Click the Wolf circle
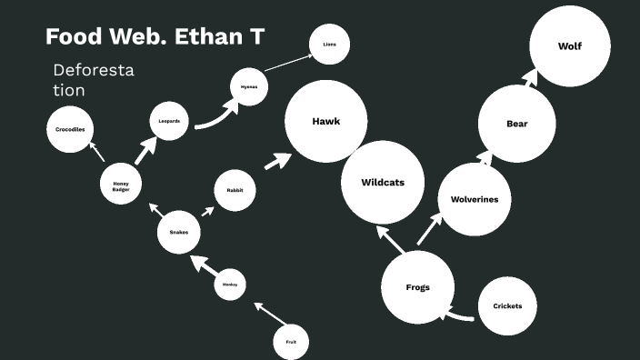click(570, 46)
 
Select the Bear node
click(516, 124)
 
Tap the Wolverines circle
click(475, 199)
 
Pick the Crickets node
click(507, 306)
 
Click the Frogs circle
click(417, 287)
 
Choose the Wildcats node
click(382, 183)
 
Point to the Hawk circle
click(325, 122)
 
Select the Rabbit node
click(235, 191)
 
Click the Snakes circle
click(179, 233)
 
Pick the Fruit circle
click(291, 342)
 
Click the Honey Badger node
click(121, 185)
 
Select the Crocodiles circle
click(70, 130)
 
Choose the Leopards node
click(169, 121)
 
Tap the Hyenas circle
click(249, 86)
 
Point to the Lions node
click(330, 44)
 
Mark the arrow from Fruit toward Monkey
click(269, 314)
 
